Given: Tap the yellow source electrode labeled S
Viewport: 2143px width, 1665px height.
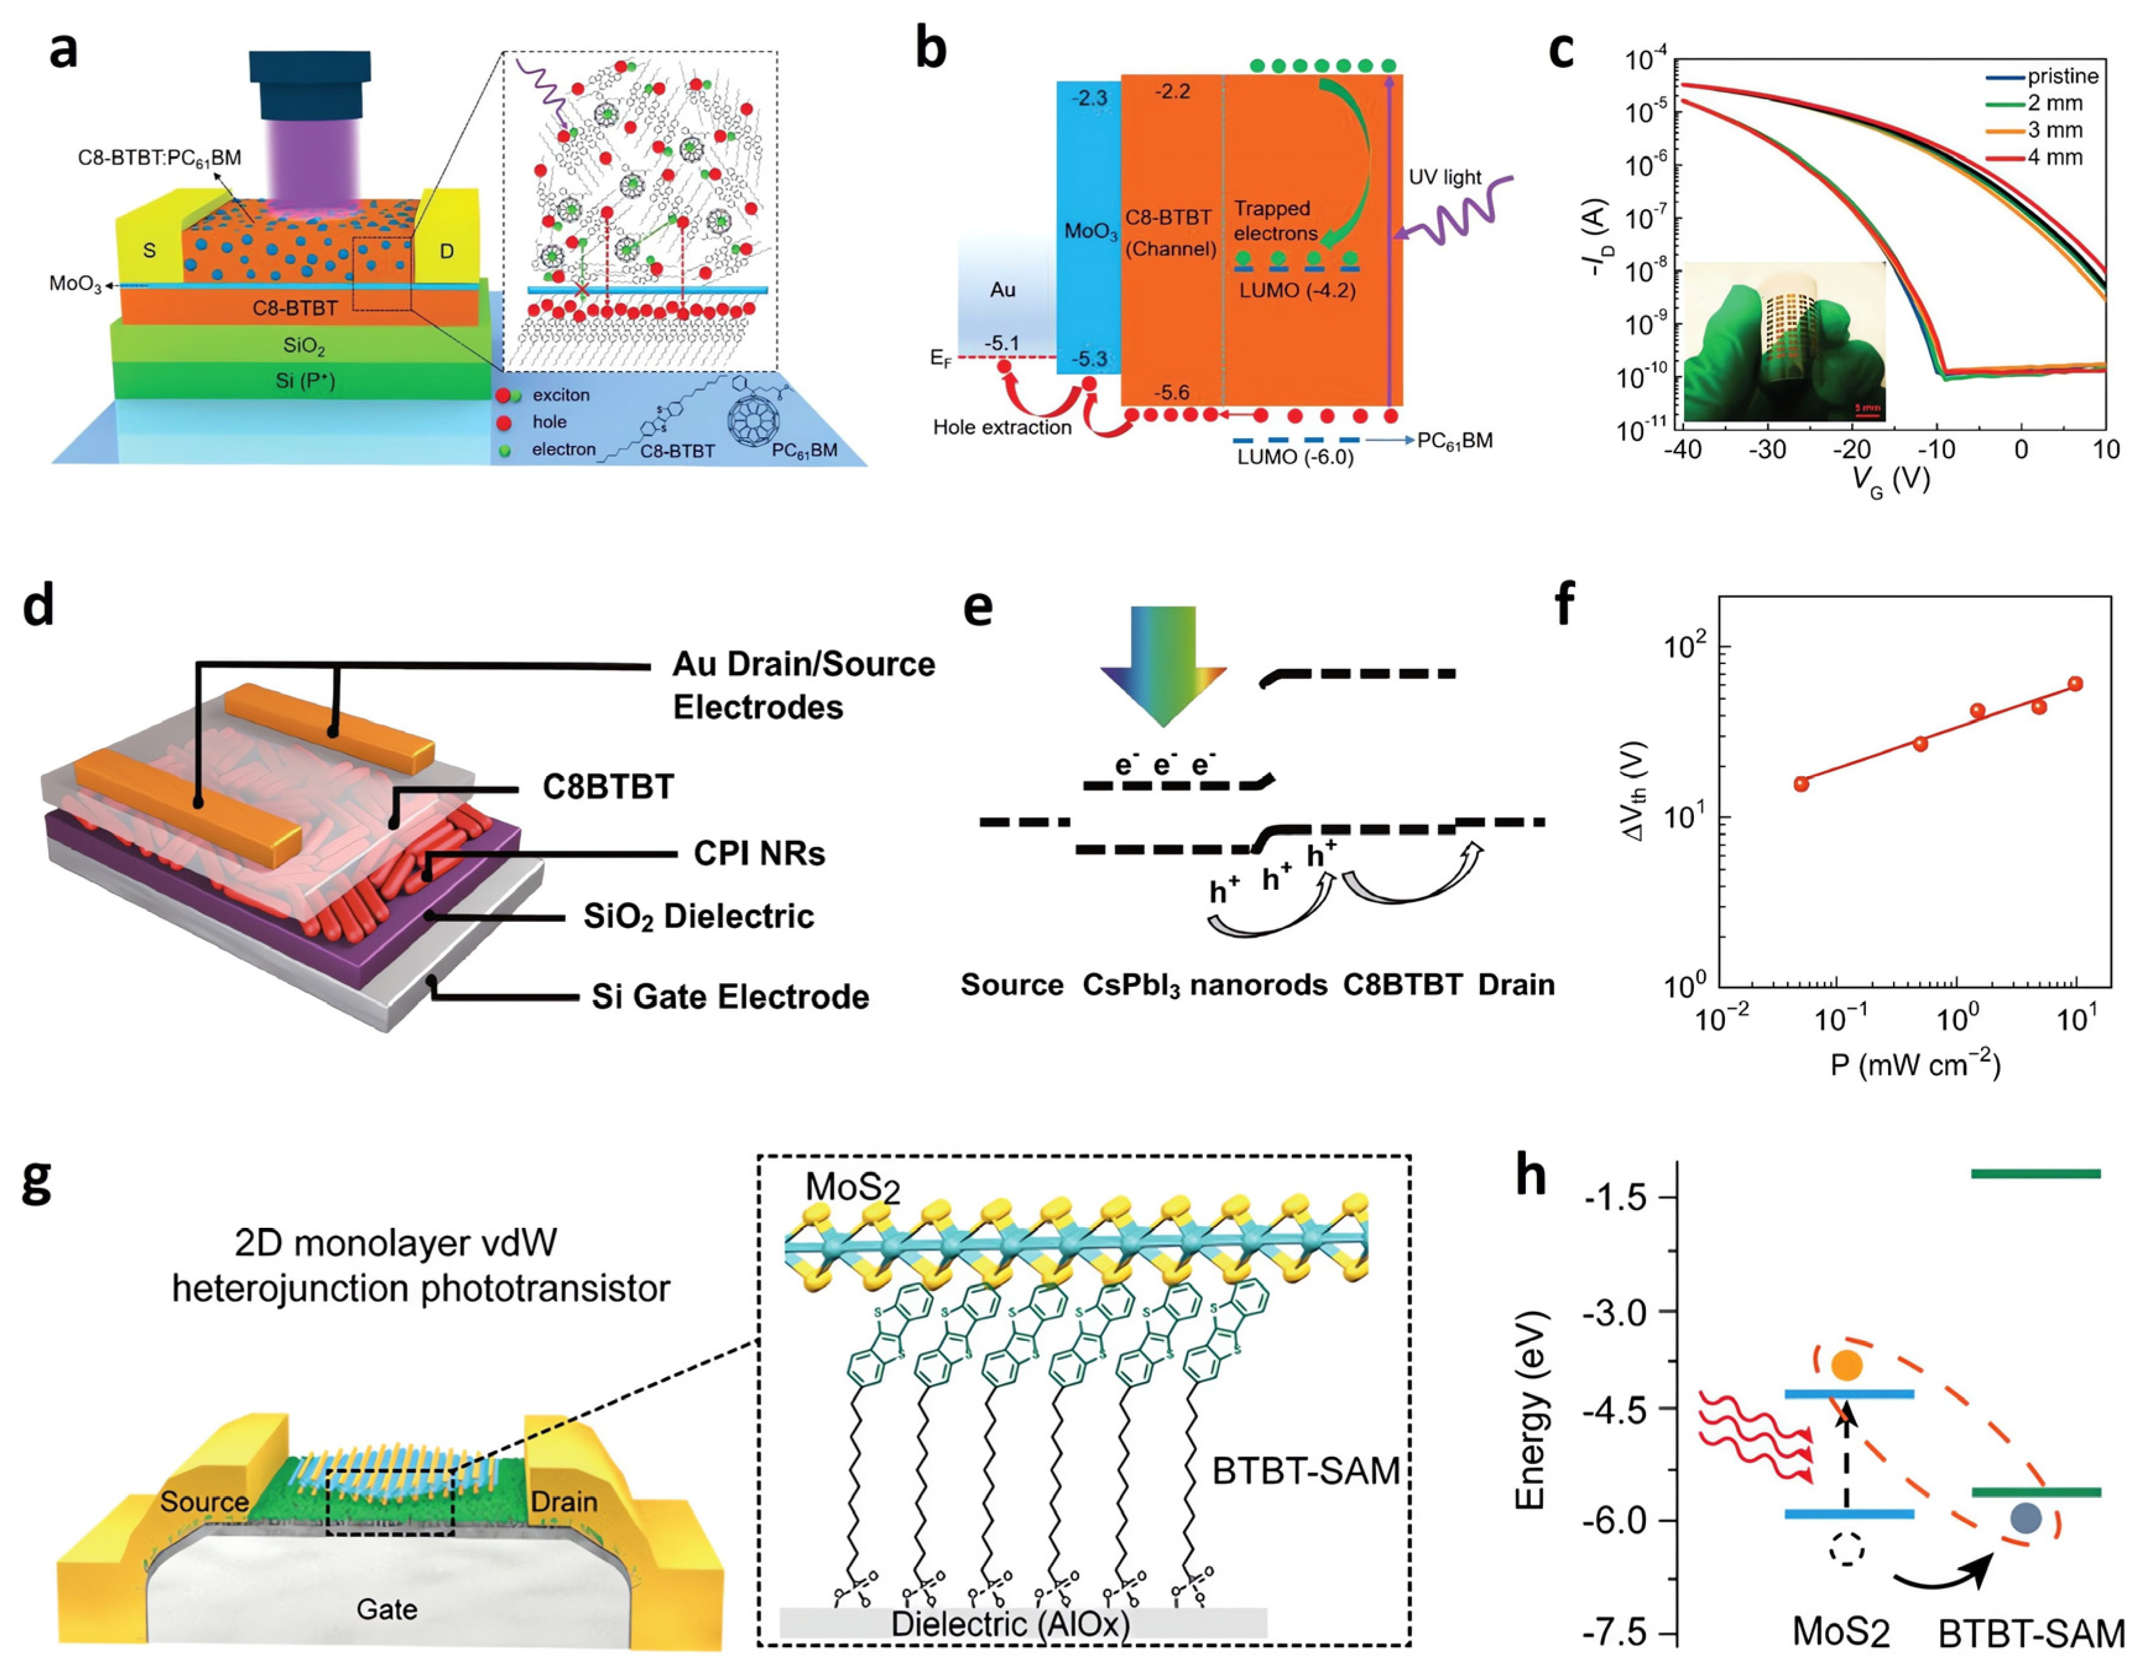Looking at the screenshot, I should tap(149, 250).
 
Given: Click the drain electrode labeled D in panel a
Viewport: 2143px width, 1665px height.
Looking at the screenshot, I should tap(447, 251).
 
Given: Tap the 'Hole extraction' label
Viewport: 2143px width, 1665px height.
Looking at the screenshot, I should tap(1002, 427).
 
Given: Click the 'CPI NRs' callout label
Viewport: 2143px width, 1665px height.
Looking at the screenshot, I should tap(758, 854).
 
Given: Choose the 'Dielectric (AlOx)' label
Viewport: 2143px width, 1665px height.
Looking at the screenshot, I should tap(1010, 1624).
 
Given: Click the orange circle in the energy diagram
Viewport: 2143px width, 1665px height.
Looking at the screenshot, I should tap(1846, 1365).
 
